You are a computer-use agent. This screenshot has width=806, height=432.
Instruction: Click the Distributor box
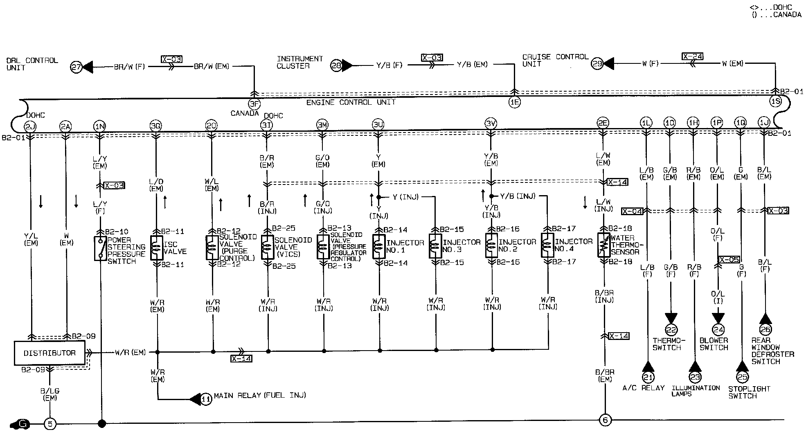pos(50,353)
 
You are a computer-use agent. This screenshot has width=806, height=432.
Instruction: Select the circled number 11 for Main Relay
pos(207,398)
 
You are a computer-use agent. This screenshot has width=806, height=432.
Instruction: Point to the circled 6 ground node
pos(605,420)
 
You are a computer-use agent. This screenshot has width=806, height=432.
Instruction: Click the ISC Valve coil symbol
pos(157,248)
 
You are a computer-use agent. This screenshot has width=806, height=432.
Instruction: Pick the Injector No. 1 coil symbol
pos(379,247)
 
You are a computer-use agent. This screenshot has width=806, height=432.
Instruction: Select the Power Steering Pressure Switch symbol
pos(100,248)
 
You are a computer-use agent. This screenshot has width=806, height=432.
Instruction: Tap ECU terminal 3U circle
pos(378,124)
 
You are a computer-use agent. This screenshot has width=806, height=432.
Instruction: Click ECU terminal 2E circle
pos(603,123)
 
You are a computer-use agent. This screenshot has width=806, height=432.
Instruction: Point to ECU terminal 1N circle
pos(99,126)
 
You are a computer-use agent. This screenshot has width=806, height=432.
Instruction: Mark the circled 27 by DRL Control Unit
pos(76,67)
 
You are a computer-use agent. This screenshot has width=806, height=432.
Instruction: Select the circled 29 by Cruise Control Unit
pos(597,64)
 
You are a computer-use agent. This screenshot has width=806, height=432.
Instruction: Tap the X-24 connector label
pos(692,56)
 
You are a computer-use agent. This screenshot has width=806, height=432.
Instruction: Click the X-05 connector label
pos(729,259)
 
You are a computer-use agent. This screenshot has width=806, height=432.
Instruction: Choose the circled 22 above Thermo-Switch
pos(671,330)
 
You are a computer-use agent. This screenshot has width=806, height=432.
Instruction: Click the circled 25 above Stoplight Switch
pos(742,377)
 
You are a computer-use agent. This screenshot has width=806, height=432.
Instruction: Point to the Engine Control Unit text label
pos(351,102)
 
